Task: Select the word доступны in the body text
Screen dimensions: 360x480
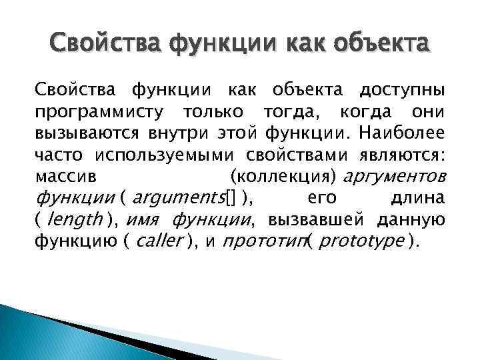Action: [403, 89]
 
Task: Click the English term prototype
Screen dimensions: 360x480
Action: [362, 241]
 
